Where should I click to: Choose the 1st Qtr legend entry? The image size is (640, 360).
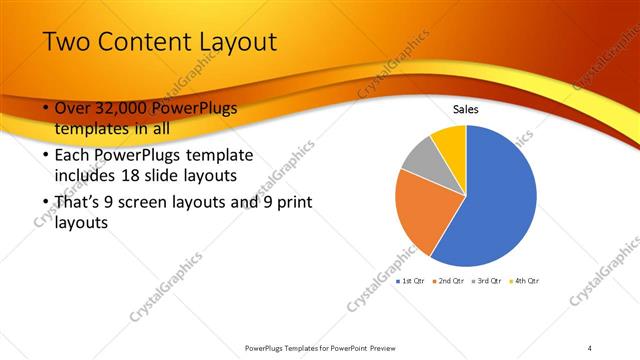(x=412, y=280)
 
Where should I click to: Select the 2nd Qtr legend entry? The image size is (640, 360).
(x=450, y=280)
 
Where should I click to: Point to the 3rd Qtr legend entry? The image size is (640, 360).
(x=488, y=280)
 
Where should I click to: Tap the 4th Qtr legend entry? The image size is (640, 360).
(x=525, y=280)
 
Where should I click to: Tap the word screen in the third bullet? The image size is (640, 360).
(x=154, y=203)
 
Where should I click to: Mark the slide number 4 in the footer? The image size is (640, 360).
(x=590, y=348)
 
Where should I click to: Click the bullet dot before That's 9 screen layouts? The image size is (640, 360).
(x=45, y=203)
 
